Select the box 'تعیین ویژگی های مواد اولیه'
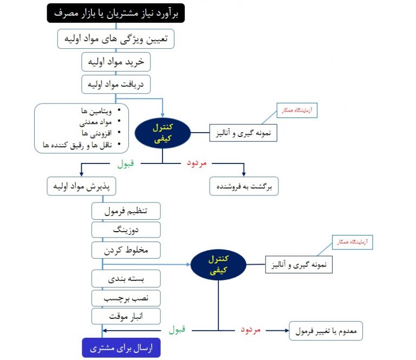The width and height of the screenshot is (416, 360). click(x=116, y=39)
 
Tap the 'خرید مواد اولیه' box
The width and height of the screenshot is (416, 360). click(x=116, y=62)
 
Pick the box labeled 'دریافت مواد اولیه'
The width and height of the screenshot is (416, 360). click(x=116, y=85)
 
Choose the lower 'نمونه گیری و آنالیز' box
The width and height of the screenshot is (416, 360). click(x=298, y=264)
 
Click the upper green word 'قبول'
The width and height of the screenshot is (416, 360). click(x=125, y=162)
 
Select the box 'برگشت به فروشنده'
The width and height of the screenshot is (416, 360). click(x=244, y=186)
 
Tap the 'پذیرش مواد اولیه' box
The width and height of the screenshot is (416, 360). click(x=81, y=186)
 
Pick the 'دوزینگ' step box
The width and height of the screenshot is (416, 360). click(x=126, y=230)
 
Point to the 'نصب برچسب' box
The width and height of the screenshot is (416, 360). click(x=126, y=298)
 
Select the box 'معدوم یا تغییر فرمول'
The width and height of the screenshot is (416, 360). click(x=326, y=330)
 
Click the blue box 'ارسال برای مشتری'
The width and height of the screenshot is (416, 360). click(x=121, y=348)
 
